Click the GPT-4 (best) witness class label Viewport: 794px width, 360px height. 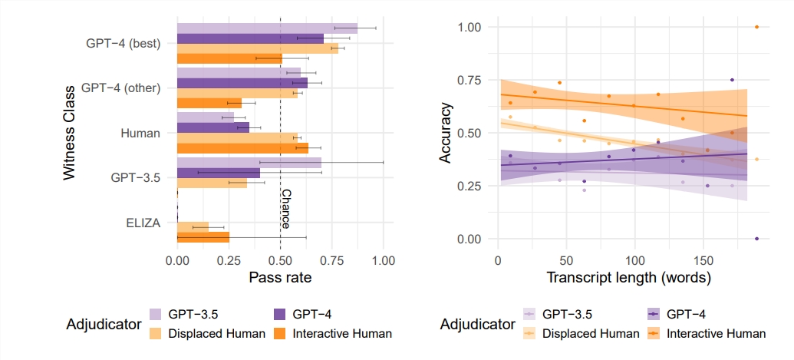pyautogui.click(x=123, y=44)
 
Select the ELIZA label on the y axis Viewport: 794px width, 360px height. pyautogui.click(x=143, y=223)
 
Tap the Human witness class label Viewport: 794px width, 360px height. pyautogui.click(x=140, y=133)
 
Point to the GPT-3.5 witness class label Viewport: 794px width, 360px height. pyautogui.click(x=135, y=177)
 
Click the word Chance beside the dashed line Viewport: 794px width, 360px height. pyautogui.click(x=285, y=209)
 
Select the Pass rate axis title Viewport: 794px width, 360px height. pyautogui.click(x=280, y=278)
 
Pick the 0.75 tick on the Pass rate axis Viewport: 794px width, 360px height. pyautogui.click(x=331, y=260)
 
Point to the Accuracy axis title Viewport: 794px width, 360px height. pyautogui.click(x=445, y=133)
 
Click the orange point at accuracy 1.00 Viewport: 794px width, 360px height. pyautogui.click(x=756, y=27)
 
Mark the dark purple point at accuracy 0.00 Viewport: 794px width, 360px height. pyautogui.click(x=756, y=239)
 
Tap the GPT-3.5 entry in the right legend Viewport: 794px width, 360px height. pyautogui.click(x=567, y=314)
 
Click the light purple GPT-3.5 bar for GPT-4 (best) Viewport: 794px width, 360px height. pyautogui.click(x=267, y=28)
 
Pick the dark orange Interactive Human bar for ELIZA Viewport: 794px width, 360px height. pyautogui.click(x=203, y=237)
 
